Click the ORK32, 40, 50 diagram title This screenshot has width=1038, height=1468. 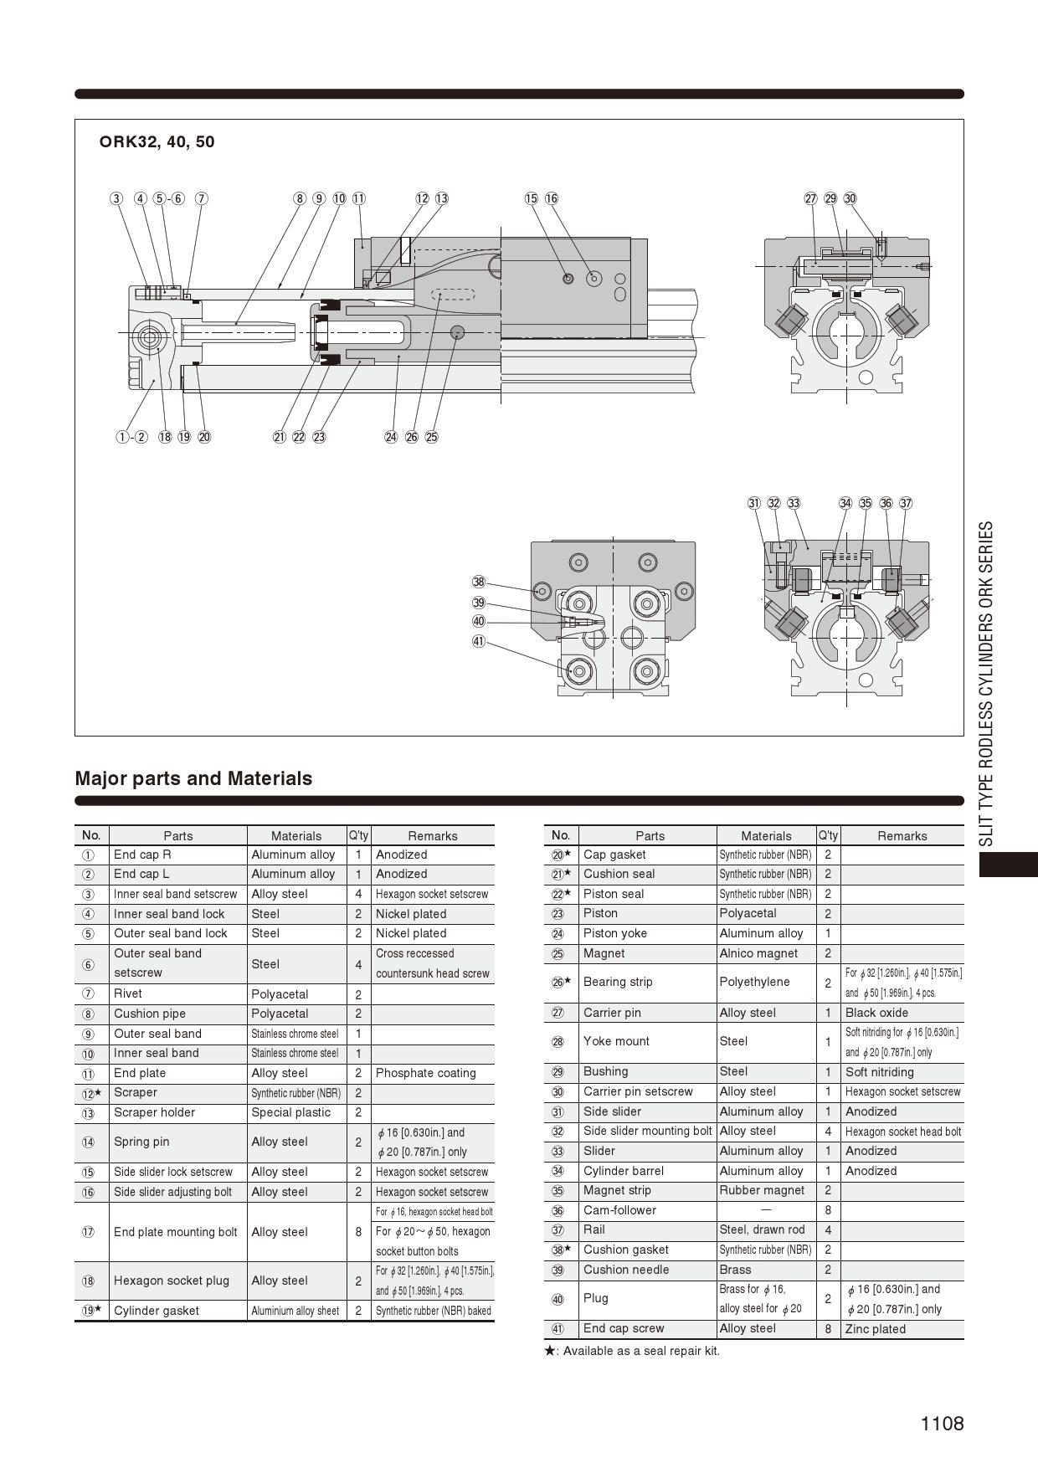157,142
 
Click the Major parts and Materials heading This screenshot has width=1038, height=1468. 193,778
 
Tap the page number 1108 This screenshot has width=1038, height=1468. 942,1424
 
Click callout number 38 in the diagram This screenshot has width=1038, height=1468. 479,583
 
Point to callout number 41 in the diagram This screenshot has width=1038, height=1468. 479,642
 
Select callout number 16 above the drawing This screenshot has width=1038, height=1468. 552,198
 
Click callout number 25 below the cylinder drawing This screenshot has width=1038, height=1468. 432,437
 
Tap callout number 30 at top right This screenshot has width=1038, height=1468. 850,198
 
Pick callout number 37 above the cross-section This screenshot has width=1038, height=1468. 906,503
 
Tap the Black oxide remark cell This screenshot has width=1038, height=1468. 876,1013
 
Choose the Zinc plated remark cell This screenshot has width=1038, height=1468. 875,1329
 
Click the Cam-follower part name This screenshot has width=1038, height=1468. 619,1210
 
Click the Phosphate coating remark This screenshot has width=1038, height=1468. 425,1073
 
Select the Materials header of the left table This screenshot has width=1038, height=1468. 296,835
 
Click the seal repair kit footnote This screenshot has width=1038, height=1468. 632,1351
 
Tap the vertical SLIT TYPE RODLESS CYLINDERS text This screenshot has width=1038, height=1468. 986,684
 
